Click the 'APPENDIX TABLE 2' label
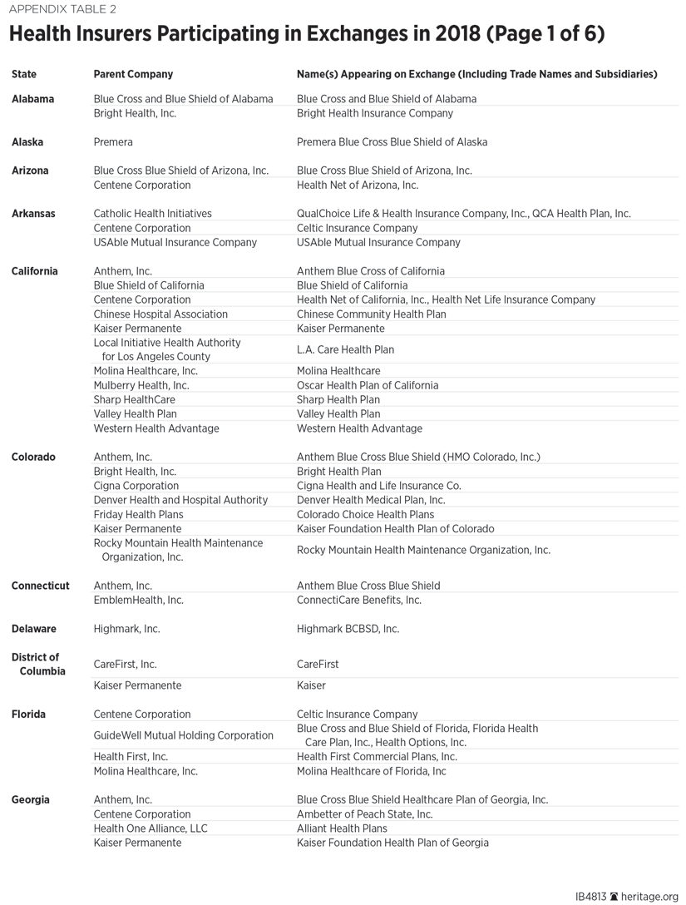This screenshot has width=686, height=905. click(x=63, y=10)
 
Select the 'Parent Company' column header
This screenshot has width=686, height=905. click(x=133, y=74)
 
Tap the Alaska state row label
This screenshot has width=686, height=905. click(x=27, y=142)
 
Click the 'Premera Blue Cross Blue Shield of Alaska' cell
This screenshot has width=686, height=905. click(x=392, y=142)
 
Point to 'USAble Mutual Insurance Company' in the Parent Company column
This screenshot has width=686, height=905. click(x=175, y=243)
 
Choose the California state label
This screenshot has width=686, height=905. click(x=35, y=271)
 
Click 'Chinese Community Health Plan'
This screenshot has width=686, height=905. click(x=371, y=314)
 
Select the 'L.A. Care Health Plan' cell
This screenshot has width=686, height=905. click(x=345, y=349)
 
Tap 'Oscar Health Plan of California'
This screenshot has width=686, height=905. click(x=368, y=385)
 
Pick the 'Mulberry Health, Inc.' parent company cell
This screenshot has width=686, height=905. click(x=141, y=385)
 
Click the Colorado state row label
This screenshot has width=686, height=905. click(x=33, y=457)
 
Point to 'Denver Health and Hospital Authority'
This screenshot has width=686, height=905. click(x=180, y=500)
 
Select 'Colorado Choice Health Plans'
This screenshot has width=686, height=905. click(x=365, y=514)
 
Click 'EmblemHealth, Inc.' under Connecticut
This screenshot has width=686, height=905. click(x=138, y=600)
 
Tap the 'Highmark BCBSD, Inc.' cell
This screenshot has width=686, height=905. click(x=348, y=629)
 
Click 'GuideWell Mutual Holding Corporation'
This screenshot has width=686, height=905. click(x=183, y=735)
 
